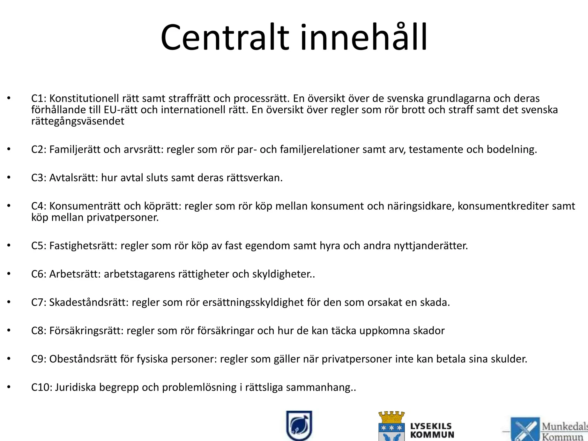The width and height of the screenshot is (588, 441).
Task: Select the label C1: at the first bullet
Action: pyautogui.click(x=39, y=98)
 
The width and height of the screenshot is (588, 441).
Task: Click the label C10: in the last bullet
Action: pyautogui.click(x=42, y=387)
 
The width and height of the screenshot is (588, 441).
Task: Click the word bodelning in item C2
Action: pyautogui.click(x=512, y=149)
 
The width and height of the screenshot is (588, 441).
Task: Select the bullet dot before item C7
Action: pyautogui.click(x=9, y=302)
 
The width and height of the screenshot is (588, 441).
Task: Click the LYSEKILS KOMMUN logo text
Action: pyautogui.click(x=432, y=430)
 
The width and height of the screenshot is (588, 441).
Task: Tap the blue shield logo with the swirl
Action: pyautogui.click(x=299, y=425)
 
